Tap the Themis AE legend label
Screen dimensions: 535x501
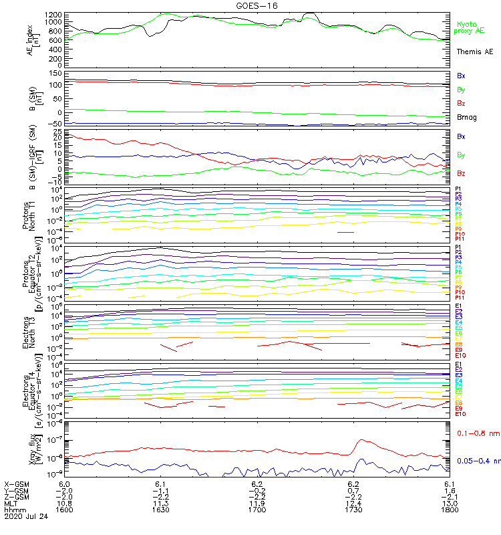[474, 51]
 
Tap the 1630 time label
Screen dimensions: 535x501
[160, 509]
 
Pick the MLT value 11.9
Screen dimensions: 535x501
[257, 502]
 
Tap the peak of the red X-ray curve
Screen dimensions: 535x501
[361, 440]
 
